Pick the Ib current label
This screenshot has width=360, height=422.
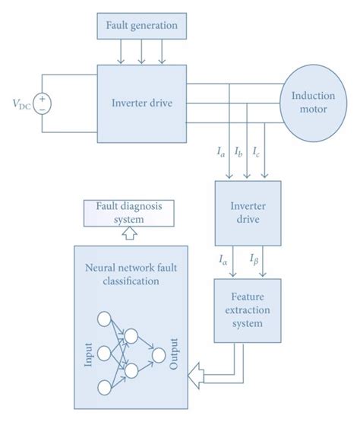click(x=238, y=154)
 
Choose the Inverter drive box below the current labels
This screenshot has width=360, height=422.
click(x=247, y=212)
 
